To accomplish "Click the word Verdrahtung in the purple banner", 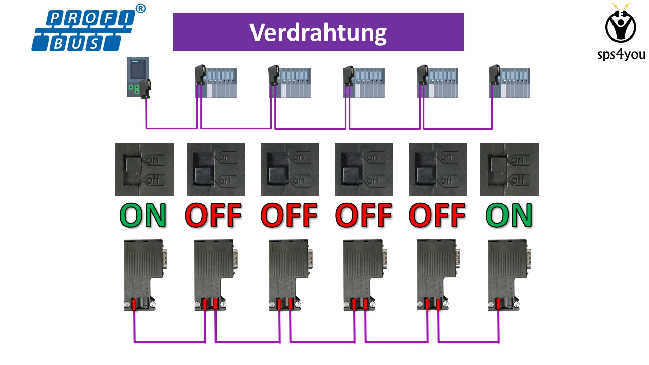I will (x=318, y=32).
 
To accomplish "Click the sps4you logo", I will (x=621, y=30).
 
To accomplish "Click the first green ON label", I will (x=143, y=215).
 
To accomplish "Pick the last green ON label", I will (x=510, y=215).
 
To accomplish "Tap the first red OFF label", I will (x=213, y=215).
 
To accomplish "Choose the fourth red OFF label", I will (x=437, y=215).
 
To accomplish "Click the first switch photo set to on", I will (x=145, y=169).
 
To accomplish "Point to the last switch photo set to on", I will (x=510, y=169).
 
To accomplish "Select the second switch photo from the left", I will (x=216, y=169).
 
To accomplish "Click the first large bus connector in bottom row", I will (x=142, y=274).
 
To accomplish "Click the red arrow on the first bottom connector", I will (x=134, y=304).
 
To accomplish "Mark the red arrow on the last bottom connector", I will (x=498, y=304).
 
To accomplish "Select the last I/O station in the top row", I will (x=510, y=81).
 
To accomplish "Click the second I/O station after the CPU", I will (x=289, y=81).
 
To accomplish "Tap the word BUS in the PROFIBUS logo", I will (x=76, y=44).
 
